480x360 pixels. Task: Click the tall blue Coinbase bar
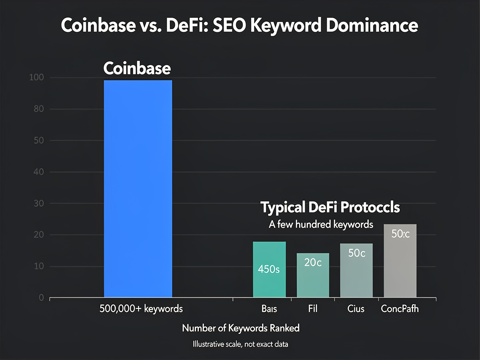click(x=138, y=187)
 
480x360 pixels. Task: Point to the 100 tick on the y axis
click(x=37, y=78)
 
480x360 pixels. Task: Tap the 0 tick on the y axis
click(x=41, y=298)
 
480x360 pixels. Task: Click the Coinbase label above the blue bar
click(x=137, y=68)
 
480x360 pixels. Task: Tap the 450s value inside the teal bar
click(x=269, y=270)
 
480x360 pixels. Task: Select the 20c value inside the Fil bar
click(x=313, y=263)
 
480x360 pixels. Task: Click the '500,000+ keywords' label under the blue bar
click(x=141, y=309)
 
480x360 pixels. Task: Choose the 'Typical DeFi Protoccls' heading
click(x=330, y=208)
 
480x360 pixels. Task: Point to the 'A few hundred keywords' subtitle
click(x=321, y=224)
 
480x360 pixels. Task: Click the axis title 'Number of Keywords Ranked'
click(x=240, y=328)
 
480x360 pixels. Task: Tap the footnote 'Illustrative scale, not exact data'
click(x=240, y=345)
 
